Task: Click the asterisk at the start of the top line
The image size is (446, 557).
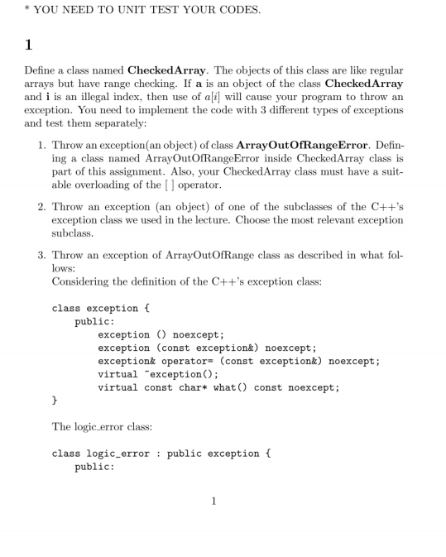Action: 26,10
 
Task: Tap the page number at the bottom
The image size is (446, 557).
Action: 213,501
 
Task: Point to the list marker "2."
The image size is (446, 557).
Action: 42,205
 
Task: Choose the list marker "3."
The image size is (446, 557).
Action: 42,257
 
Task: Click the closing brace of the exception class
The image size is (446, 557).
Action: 55,401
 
